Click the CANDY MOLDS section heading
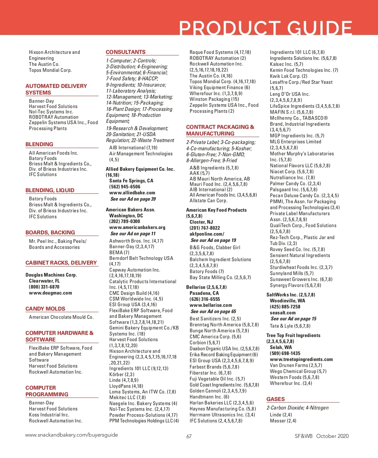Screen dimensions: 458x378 pyautogui.click(x=45, y=309)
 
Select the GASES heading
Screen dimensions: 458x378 pyautogui.click(x=276, y=399)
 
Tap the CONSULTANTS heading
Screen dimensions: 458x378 pyautogui.click(x=126, y=52)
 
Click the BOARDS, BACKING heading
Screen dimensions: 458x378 pyautogui.click(x=50, y=232)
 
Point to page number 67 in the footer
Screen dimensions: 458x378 pyautogui.click(x=189, y=436)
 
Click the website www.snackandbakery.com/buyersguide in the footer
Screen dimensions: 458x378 pyautogui.click(x=72, y=435)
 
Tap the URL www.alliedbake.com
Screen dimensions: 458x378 pyautogui.click(x=132, y=193)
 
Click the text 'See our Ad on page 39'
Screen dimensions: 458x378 pyautogui.click(x=133, y=199)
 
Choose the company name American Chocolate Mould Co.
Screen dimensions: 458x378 pyautogui.click(x=61, y=317)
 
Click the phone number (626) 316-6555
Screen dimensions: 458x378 pyautogui.click(x=205, y=299)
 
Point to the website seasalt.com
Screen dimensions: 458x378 pyautogui.click(x=283, y=313)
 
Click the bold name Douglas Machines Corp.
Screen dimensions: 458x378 pyautogui.click(x=51, y=275)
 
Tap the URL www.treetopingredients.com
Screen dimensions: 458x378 pyautogui.click(x=301, y=359)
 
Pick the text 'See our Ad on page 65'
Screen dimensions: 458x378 pyautogui.click(x=213, y=312)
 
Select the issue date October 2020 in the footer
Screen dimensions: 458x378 pyautogui.click(x=332, y=436)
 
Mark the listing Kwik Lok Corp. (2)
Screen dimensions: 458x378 pyautogui.click(x=289, y=76)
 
